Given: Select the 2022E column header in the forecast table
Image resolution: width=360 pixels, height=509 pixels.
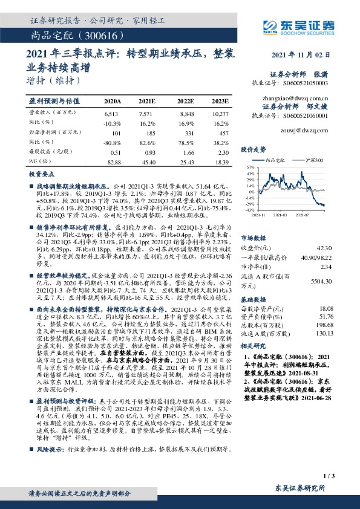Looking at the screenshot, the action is click(x=186, y=102).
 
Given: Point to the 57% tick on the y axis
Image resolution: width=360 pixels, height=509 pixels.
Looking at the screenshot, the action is click(x=250, y=166).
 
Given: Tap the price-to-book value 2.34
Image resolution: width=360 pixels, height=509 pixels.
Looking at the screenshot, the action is click(x=326, y=267).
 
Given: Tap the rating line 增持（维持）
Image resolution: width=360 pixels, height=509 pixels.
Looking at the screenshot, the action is click(x=54, y=80).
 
